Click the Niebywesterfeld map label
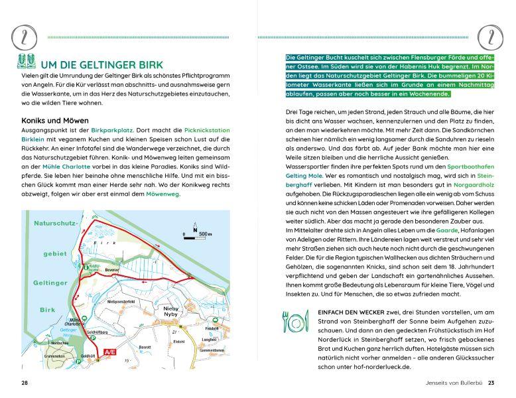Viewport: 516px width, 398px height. (x=121, y=300)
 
